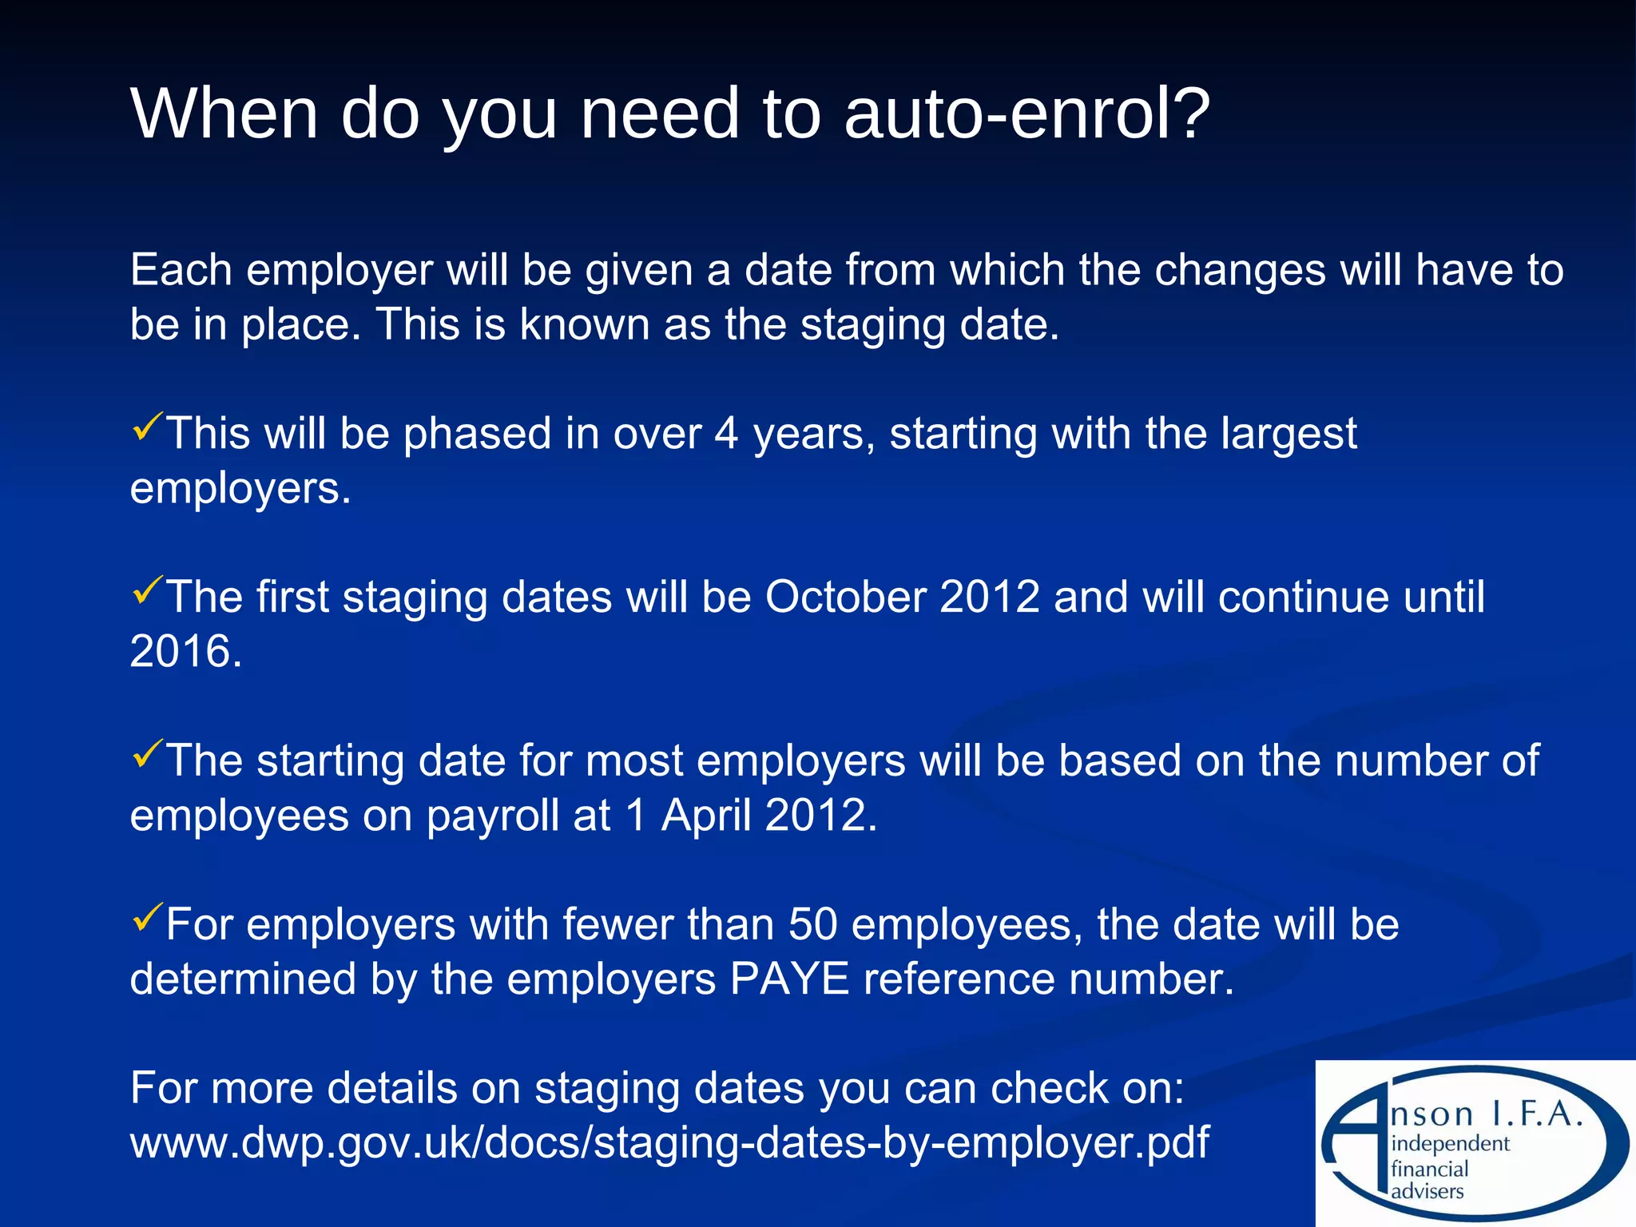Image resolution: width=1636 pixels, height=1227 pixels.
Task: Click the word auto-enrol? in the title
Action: [x=1026, y=113]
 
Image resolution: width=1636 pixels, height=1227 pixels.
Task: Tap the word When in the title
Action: [x=224, y=113]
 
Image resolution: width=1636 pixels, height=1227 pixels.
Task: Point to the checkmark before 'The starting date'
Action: [x=147, y=753]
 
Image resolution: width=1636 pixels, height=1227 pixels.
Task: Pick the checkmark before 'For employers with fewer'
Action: [x=147, y=917]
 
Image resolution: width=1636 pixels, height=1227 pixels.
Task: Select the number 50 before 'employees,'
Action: [x=812, y=924]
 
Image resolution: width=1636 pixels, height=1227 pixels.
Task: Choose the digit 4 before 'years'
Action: [x=725, y=434]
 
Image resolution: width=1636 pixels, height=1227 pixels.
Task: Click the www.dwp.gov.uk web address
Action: [x=669, y=1142]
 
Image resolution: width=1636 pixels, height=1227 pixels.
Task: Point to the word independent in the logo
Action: [x=1450, y=1143]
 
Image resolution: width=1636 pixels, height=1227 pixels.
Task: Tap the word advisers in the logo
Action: [x=1427, y=1191]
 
